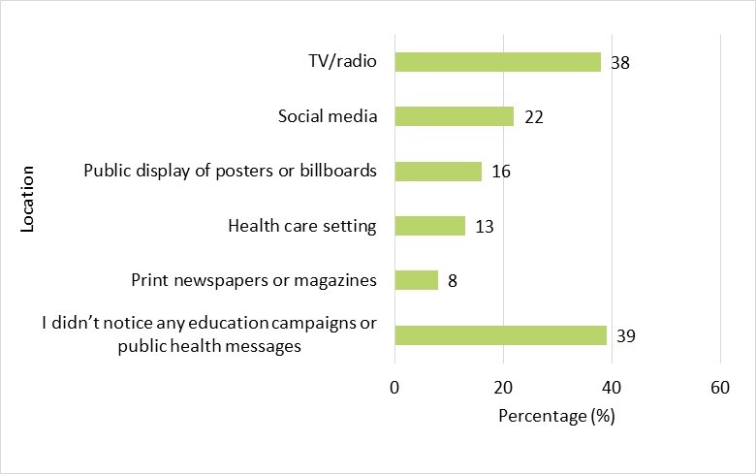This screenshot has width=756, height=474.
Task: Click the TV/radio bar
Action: (497, 62)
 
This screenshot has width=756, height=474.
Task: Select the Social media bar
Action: (454, 116)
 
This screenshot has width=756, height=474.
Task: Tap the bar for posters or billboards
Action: (437, 172)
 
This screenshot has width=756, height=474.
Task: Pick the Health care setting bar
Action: (429, 227)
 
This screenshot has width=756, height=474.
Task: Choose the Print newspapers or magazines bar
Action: (416, 281)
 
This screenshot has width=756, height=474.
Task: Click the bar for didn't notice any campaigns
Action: (500, 335)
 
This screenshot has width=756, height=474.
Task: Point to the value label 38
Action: (621, 63)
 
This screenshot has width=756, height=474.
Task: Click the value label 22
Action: (534, 117)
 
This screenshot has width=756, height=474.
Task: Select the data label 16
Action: (501, 173)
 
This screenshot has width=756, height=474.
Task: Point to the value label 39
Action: (627, 336)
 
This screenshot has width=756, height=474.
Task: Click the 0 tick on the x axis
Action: (394, 389)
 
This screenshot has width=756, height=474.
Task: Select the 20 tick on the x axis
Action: (503, 389)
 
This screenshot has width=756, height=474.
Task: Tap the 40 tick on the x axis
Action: (611, 389)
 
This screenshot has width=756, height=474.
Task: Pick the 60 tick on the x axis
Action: (719, 389)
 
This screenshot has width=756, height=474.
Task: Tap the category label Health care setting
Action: (301, 227)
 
